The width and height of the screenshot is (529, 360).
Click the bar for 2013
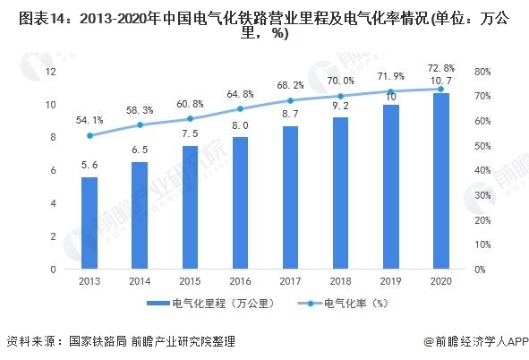[89, 223]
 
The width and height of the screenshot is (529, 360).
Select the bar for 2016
[240, 203]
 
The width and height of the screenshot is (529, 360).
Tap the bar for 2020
[440, 181]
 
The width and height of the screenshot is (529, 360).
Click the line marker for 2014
[140, 125]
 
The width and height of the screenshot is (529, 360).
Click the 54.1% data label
[90, 120]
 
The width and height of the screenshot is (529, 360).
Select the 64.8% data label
[240, 93]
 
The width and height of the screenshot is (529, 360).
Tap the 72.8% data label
[440, 68]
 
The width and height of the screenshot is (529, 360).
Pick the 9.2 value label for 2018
[340, 106]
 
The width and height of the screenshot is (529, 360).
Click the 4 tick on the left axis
[54, 203]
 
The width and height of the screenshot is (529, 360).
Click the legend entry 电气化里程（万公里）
[220, 304]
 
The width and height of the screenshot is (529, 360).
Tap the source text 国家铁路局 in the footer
[94, 341]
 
